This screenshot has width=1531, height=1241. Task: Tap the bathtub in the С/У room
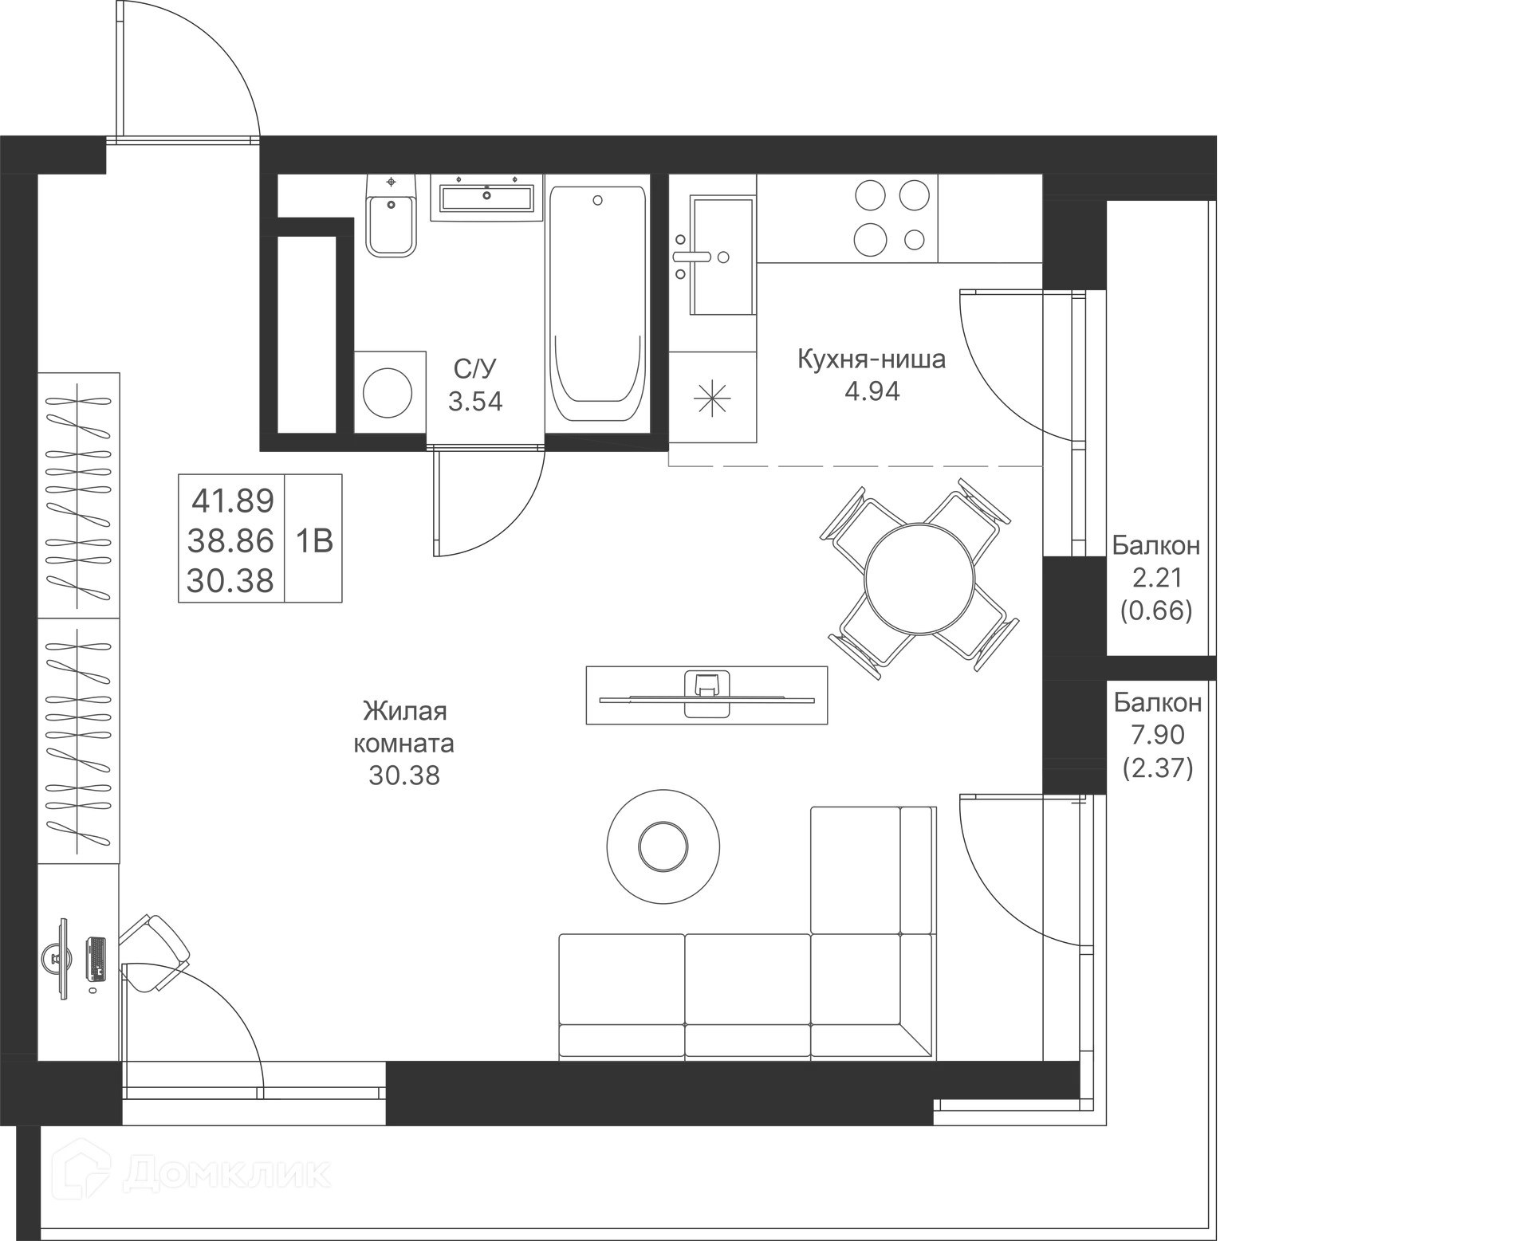[598, 304]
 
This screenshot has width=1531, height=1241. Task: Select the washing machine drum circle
[388, 392]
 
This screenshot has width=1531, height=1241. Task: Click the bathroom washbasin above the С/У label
[486, 198]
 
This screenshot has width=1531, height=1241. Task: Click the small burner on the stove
[915, 238]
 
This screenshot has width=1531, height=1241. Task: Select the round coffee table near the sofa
[663, 846]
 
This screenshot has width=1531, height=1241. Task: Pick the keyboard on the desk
[96, 958]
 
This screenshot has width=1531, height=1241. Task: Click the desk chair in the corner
[155, 952]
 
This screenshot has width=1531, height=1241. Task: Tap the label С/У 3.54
[475, 385]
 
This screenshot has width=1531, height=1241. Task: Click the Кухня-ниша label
[872, 359]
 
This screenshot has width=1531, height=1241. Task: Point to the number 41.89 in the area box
[233, 501]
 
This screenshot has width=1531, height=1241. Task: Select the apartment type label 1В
[314, 541]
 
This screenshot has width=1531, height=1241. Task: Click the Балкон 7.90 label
[1158, 718]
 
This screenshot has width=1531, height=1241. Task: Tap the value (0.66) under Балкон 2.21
[1156, 611]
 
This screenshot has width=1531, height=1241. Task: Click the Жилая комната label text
[404, 727]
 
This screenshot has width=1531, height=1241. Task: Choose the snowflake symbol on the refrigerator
[712, 398]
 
